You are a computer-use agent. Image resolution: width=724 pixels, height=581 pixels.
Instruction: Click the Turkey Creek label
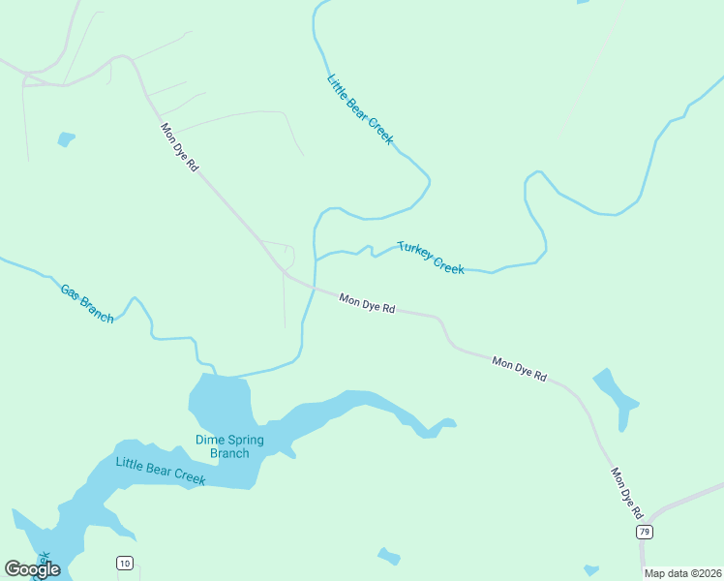coord(431,258)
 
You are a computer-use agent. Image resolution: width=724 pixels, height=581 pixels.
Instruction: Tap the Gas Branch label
coord(87,303)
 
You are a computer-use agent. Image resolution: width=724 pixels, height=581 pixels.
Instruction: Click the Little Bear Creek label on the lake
coord(161,472)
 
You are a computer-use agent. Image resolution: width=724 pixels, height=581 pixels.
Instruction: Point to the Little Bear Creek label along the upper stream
coord(360,109)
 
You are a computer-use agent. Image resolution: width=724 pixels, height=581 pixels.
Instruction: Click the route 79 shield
coord(645,533)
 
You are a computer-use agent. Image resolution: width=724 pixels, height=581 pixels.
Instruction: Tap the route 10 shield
coord(125,563)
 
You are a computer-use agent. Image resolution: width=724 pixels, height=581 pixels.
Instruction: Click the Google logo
coord(32,569)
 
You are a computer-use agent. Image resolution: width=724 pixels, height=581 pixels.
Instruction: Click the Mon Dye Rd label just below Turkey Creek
coord(367,303)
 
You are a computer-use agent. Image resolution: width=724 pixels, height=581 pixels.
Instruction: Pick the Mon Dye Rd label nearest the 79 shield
coord(627,491)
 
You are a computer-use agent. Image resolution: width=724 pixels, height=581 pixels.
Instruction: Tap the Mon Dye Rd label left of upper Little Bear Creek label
coord(179,147)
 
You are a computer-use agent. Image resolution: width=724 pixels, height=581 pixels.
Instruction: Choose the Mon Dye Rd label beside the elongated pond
coord(520,369)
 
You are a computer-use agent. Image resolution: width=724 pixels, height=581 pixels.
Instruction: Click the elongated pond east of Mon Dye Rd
coord(616,395)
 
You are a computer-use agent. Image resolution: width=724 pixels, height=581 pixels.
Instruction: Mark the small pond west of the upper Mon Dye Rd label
coord(66,138)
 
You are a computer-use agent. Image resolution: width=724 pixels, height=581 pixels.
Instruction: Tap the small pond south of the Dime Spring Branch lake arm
coord(389,556)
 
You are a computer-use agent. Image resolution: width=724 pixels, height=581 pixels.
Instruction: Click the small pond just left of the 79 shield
coord(590,570)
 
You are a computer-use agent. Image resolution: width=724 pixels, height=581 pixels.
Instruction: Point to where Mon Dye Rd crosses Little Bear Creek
coord(312,288)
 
